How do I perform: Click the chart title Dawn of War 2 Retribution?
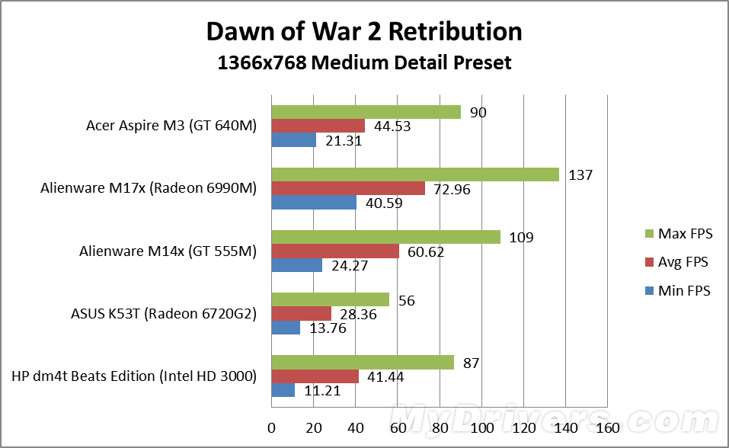[364, 31]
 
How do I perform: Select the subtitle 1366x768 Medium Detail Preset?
[364, 62]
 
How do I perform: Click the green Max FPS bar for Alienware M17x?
[415, 174]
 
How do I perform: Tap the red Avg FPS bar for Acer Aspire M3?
[318, 126]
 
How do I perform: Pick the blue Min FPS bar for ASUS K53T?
[286, 328]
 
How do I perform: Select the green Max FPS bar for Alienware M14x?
[385, 237]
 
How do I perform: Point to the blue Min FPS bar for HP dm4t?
[283, 390]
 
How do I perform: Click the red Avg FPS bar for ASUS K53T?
[301, 314]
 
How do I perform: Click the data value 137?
[581, 175]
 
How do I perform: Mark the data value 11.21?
[321, 390]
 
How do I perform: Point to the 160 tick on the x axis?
[606, 427]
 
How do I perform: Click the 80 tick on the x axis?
[440, 427]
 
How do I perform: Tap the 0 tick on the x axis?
[271, 427]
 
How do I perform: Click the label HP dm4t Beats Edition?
[133, 376]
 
